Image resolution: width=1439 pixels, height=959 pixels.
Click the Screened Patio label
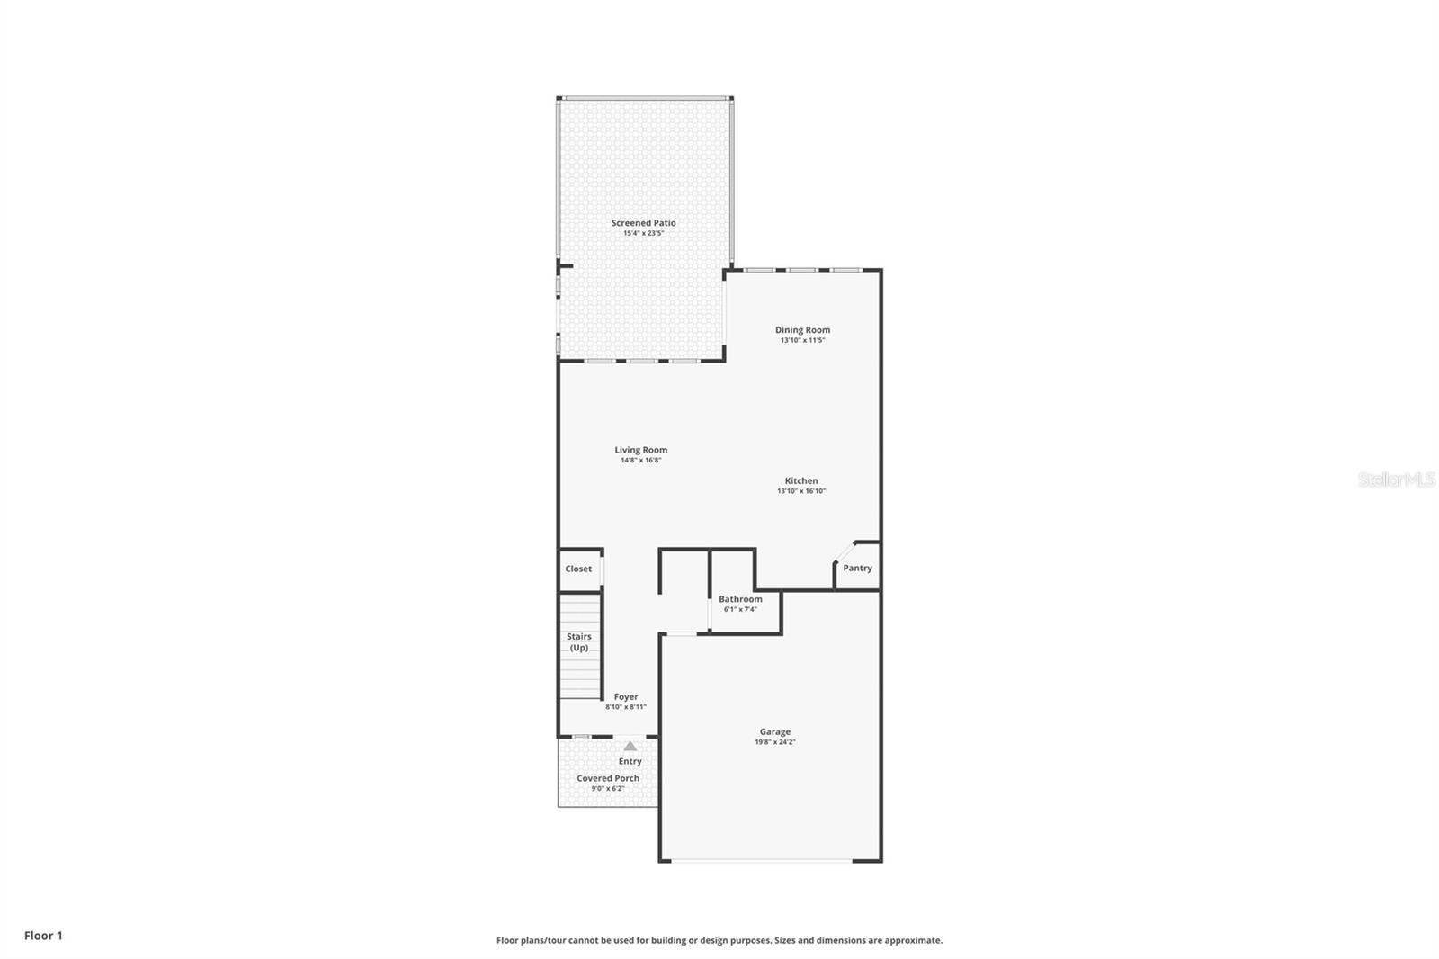643,223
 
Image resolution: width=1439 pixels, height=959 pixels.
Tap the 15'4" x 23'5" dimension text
643,234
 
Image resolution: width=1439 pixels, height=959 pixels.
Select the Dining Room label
802,330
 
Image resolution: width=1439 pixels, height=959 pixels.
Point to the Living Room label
640,450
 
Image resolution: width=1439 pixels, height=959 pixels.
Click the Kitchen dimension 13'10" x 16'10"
800,491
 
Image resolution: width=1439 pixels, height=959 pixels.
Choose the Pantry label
857,569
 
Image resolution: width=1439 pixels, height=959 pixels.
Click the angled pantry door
844,551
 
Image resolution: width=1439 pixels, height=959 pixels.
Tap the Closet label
578,569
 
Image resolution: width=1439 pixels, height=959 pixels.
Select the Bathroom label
740,599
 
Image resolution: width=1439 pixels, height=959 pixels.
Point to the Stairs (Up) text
579,641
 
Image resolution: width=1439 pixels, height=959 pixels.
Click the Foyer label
626,696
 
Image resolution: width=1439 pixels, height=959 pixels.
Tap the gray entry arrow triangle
630,746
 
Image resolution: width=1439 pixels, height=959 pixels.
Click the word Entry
630,761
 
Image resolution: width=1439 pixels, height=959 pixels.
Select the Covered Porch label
608,778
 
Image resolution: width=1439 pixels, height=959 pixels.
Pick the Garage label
774,732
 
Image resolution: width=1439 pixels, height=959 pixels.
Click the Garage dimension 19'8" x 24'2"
774,743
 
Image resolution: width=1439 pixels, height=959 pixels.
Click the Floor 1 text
43,936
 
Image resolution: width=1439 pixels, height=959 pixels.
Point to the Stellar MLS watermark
1396,479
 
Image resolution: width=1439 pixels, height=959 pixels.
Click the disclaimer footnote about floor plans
719,940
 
